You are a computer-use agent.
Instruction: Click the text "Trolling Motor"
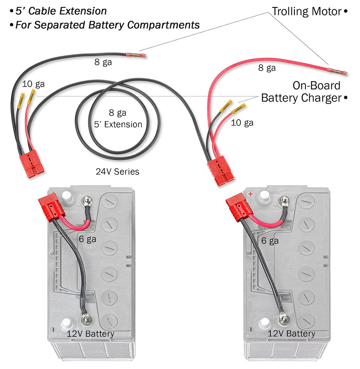(x=306, y=11)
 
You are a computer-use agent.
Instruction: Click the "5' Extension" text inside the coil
(x=117, y=124)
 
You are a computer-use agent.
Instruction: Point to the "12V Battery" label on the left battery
(x=90, y=333)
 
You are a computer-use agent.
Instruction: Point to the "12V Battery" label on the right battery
(x=291, y=333)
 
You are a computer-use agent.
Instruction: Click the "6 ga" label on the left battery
(x=87, y=239)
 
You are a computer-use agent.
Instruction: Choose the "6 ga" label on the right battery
(x=270, y=240)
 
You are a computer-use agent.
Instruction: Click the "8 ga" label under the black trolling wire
(x=103, y=62)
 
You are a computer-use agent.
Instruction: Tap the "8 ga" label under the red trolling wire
(x=267, y=68)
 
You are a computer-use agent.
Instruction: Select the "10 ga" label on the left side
(x=33, y=84)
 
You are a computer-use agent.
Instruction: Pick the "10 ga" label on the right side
(x=242, y=123)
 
